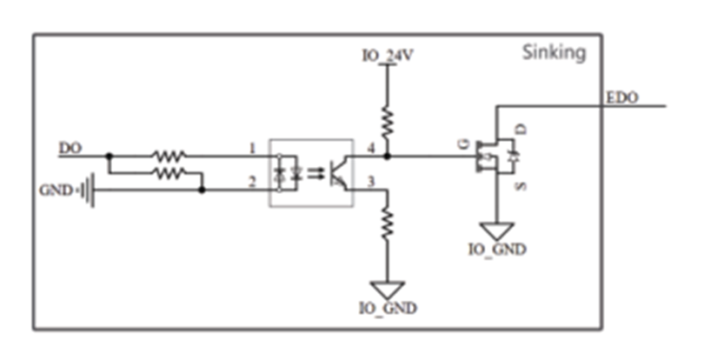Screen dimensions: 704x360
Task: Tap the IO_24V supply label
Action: (x=388, y=56)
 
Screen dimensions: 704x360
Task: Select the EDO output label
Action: (x=621, y=98)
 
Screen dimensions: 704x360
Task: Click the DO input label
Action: (x=70, y=148)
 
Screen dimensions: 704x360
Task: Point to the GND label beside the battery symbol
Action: (x=56, y=190)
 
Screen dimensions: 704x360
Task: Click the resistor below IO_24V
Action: (x=387, y=123)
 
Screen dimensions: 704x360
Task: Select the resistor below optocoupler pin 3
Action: (x=387, y=222)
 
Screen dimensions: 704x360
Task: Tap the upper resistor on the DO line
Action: (x=169, y=157)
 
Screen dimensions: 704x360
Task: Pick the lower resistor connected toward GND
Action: (x=169, y=172)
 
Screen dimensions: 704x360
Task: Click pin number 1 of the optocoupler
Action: (x=252, y=148)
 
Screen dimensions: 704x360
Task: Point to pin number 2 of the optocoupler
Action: (x=252, y=182)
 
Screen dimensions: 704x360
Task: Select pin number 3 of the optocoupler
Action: (x=371, y=182)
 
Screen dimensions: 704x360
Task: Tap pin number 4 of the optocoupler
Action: (x=371, y=148)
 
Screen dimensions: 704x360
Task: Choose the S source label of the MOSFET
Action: (x=521, y=186)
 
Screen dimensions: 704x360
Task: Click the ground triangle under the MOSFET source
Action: (x=496, y=231)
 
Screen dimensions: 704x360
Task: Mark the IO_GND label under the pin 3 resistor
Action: (x=388, y=309)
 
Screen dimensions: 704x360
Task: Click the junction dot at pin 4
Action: (x=388, y=157)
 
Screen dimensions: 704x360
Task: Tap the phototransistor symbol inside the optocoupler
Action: (x=337, y=173)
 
